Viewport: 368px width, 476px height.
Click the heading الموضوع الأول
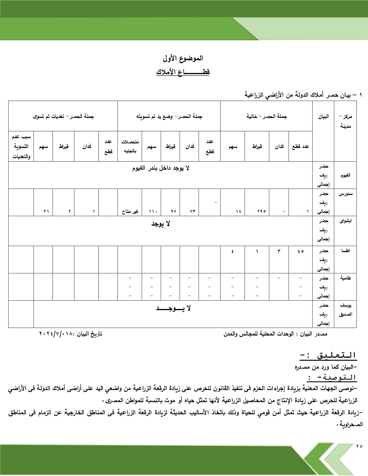[x=183, y=58]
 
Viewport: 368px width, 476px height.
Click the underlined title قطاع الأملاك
[x=183, y=72]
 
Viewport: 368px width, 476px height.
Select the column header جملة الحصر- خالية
[x=266, y=116]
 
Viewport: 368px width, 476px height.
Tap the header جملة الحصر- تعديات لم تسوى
[x=63, y=116]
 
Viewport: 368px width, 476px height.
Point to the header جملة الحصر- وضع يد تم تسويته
[x=169, y=116]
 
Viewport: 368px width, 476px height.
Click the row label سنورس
[x=345, y=194]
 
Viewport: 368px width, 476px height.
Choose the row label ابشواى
[x=345, y=221]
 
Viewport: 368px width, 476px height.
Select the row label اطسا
[x=345, y=250]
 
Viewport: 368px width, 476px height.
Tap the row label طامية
[x=345, y=278]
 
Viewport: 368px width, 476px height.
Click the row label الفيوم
[x=345, y=175]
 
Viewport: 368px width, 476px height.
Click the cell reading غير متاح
[x=130, y=211]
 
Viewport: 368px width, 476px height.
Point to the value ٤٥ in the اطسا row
[x=300, y=251]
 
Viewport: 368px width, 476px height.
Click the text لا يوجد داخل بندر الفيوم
[x=161, y=168]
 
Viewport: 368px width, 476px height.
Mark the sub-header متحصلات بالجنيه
[x=130, y=146]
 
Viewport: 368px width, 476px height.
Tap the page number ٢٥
[x=359, y=446]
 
